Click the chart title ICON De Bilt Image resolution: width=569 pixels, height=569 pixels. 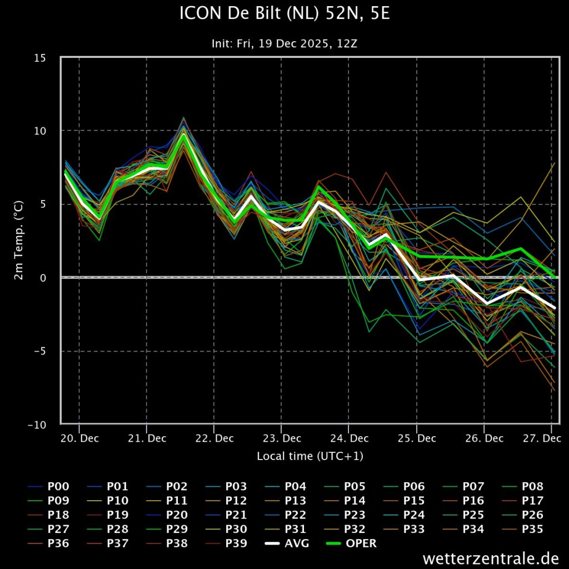pyautogui.click(x=284, y=14)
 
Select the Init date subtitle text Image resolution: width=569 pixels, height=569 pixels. pyautogui.click(x=284, y=43)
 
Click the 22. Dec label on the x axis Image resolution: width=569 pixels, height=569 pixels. pyautogui.click(x=214, y=438)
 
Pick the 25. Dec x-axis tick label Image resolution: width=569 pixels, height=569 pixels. pyautogui.click(x=417, y=438)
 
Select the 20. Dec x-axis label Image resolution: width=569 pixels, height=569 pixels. pyautogui.click(x=79, y=438)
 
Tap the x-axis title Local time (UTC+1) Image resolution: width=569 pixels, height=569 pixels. pyautogui.click(x=310, y=456)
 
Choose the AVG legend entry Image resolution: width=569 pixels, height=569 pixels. pyautogui.click(x=287, y=543)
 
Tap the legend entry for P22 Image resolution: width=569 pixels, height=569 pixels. pyautogui.click(x=287, y=515)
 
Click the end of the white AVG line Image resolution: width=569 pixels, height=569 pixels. pyautogui.click(x=555, y=308)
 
